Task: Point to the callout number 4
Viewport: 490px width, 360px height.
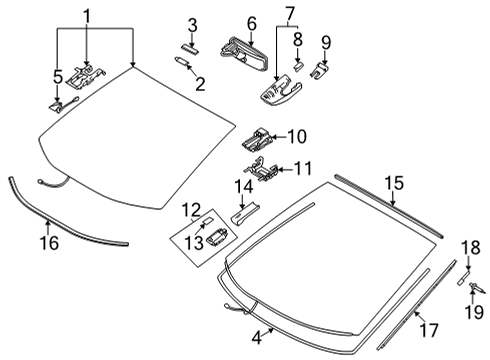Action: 257,337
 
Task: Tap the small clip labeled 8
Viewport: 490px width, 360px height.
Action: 297,68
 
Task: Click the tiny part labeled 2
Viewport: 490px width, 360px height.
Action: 183,64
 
